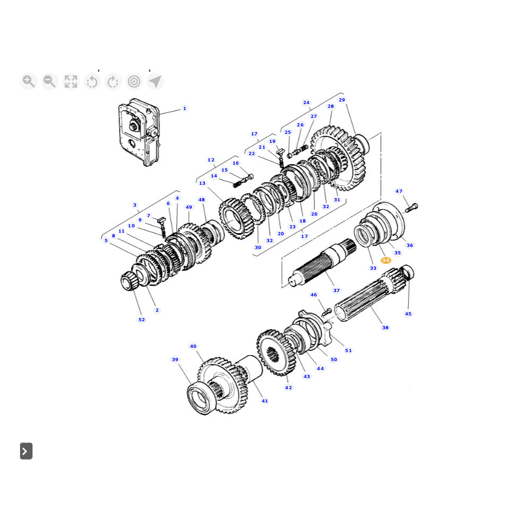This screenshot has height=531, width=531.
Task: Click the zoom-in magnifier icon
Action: click(29, 82)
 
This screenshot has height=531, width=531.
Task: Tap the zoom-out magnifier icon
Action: click(50, 82)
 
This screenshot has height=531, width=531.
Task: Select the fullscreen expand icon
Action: click(71, 82)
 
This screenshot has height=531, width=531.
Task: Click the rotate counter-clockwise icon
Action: click(92, 82)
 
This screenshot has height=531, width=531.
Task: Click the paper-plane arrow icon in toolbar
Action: click(156, 82)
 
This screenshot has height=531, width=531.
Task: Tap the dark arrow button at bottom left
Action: click(26, 451)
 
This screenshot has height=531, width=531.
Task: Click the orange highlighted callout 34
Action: click(386, 260)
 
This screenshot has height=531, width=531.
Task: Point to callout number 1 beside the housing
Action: click(185, 108)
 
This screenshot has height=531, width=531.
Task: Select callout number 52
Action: click(142, 319)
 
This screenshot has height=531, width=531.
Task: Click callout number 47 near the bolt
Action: click(399, 191)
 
